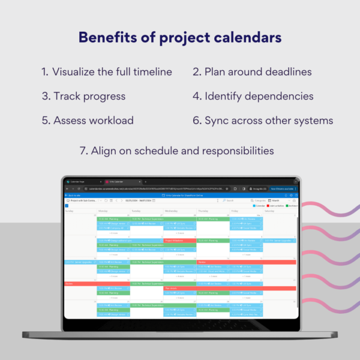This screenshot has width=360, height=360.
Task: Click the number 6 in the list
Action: coord(196,120)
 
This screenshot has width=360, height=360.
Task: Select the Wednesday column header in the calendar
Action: coord(171,211)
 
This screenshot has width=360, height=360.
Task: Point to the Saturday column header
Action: coord(269,211)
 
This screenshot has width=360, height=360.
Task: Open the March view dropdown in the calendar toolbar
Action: coord(277,200)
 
